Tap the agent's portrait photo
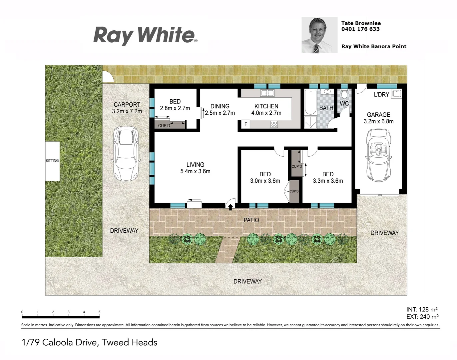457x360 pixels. (319, 35)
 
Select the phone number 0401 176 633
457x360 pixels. (360, 29)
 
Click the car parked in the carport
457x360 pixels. (126, 153)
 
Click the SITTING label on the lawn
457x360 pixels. (52, 161)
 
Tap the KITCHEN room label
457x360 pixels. (266, 106)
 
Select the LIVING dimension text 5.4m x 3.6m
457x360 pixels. (195, 171)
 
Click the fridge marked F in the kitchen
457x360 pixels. (245, 124)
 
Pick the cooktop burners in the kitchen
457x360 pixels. (274, 124)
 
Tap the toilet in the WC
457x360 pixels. (344, 94)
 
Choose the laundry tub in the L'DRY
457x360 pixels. (396, 94)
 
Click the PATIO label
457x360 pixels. (251, 220)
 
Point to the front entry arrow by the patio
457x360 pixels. (230, 207)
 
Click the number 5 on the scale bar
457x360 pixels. (99, 312)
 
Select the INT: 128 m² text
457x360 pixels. (422, 309)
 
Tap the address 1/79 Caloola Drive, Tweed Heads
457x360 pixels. (90, 342)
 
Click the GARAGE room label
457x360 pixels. (378, 115)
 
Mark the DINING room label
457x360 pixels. (220, 106)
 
